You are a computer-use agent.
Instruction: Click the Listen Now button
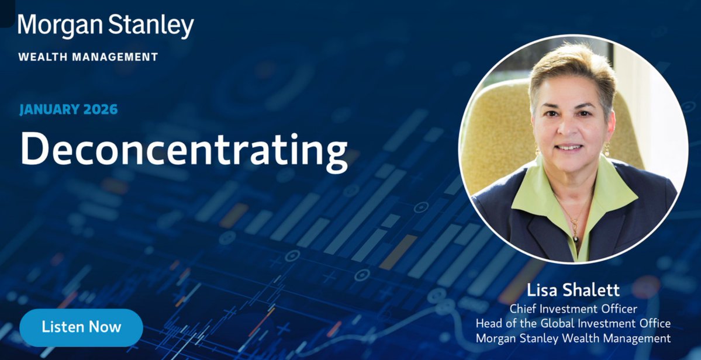click(x=81, y=327)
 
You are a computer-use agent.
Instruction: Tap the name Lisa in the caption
click(x=543, y=290)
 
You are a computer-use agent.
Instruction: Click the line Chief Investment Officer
click(x=572, y=308)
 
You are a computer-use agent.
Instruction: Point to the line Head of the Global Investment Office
click(x=572, y=323)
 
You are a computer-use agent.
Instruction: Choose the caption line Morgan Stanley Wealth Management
click(x=572, y=338)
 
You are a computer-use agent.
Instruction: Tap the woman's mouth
click(x=568, y=148)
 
